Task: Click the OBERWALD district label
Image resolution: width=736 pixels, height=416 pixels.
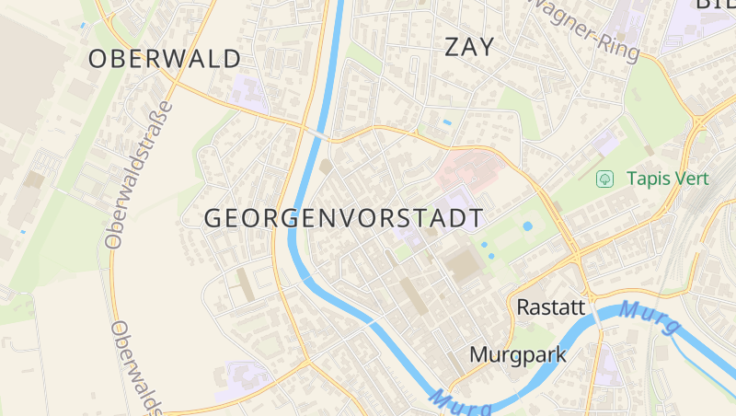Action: [x=165, y=59]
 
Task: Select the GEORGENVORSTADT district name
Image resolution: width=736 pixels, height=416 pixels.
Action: [x=342, y=218]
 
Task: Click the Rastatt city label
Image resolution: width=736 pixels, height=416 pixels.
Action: [x=551, y=306]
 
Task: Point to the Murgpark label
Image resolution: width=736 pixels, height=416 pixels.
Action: [x=518, y=354]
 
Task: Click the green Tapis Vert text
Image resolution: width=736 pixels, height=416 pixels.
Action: [x=668, y=179]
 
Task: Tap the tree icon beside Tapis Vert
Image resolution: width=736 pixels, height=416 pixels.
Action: [x=604, y=179]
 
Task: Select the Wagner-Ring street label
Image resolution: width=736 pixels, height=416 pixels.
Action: [x=586, y=28]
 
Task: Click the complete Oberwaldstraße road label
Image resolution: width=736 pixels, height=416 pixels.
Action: [x=138, y=175]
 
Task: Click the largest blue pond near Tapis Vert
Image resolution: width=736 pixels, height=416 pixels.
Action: [x=527, y=225]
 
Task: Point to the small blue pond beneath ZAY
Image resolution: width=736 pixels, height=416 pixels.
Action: [x=447, y=121]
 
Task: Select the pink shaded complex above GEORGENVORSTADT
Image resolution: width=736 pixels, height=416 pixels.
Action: [x=469, y=170]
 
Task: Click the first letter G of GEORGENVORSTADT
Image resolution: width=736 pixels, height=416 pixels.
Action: [x=213, y=218]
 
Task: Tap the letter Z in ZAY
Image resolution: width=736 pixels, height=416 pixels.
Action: [x=454, y=47]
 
